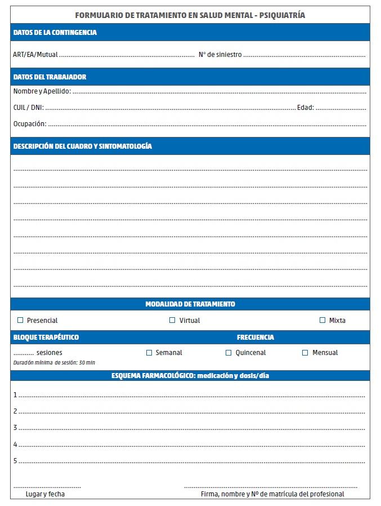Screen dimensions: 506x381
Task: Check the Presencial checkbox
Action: coord(21,320)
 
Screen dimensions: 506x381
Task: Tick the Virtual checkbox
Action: coord(172,320)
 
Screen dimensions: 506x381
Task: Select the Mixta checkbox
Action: coord(322,320)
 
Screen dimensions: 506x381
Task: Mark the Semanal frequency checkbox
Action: coord(149,353)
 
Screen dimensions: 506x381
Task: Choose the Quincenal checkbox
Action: coord(228,353)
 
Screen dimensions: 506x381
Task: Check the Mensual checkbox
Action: coord(305,353)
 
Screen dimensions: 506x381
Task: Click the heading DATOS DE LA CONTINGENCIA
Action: coord(55,33)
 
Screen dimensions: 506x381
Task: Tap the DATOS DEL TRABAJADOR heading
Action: coord(50,77)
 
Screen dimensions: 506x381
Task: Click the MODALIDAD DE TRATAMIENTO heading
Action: coord(190,304)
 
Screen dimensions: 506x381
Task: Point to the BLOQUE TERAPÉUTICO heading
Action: coord(46,338)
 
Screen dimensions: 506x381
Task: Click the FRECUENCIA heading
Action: coord(256,338)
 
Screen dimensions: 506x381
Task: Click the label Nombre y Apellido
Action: coord(42,91)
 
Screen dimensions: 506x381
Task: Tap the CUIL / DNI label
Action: coord(28,107)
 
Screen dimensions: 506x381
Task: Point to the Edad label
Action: coord(305,107)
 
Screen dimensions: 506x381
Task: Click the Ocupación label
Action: coord(30,123)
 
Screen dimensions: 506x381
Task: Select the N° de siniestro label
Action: coord(220,55)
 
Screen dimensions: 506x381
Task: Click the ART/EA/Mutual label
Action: coord(35,55)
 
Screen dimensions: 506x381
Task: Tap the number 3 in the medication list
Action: coord(15,428)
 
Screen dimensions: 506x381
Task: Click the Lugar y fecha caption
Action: coord(45,494)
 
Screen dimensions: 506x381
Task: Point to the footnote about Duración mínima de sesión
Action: coord(54,362)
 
